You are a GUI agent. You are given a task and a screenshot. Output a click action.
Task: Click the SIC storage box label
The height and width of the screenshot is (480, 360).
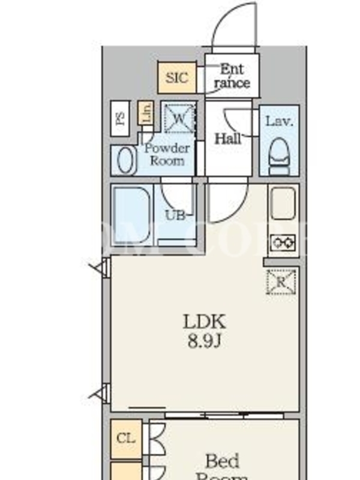(176, 77)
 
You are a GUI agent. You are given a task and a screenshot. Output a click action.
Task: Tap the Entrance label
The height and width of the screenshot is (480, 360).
(232, 76)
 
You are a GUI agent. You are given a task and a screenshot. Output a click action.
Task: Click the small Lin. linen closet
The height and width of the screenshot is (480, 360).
(145, 113)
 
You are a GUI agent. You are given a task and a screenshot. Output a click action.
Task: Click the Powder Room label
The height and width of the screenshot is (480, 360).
(167, 154)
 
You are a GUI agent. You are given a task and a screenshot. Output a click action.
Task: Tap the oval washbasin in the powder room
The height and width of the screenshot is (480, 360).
(125, 160)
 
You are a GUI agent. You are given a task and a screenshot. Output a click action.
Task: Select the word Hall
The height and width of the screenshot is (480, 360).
(228, 139)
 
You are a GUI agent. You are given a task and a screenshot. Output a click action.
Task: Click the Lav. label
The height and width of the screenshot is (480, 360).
(279, 121)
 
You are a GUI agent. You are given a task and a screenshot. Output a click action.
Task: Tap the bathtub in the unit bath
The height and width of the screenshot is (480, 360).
(131, 215)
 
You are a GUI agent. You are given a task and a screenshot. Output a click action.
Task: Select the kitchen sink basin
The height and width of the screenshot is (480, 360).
(283, 203)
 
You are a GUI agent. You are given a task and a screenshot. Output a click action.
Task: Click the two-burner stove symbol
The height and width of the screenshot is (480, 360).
(283, 242)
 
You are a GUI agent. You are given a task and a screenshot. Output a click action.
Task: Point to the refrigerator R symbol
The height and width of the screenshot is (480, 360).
(281, 281)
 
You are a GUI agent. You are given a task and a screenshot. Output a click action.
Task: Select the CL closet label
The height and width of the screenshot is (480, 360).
(125, 438)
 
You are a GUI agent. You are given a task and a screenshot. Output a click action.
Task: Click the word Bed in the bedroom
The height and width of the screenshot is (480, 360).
(222, 461)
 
